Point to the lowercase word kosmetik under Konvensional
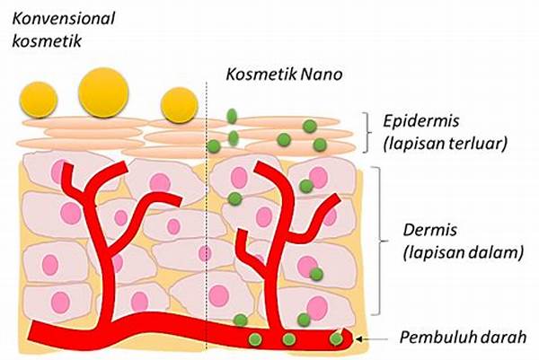pos(43,41)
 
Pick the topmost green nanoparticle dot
pos(231,116)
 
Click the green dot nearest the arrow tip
pos(336,339)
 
